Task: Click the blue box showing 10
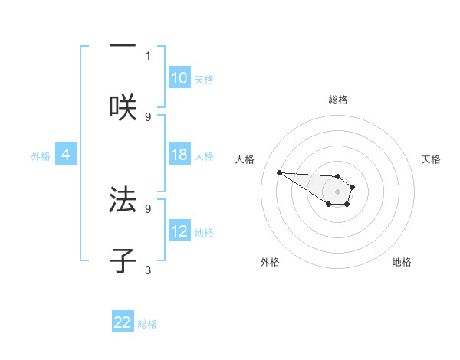179,78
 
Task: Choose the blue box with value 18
179,155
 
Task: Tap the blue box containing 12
179,231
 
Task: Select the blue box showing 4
66,155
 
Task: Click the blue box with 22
123,322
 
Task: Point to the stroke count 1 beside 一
148,55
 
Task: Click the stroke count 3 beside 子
148,270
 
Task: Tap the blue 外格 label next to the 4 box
41,155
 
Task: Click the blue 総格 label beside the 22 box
147,324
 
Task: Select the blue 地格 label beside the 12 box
204,233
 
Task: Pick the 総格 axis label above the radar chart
338,100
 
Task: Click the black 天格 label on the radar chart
432,159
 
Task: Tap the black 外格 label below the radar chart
270,262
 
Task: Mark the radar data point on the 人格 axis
279,172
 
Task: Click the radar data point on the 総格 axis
338,177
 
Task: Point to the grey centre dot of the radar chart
338,191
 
